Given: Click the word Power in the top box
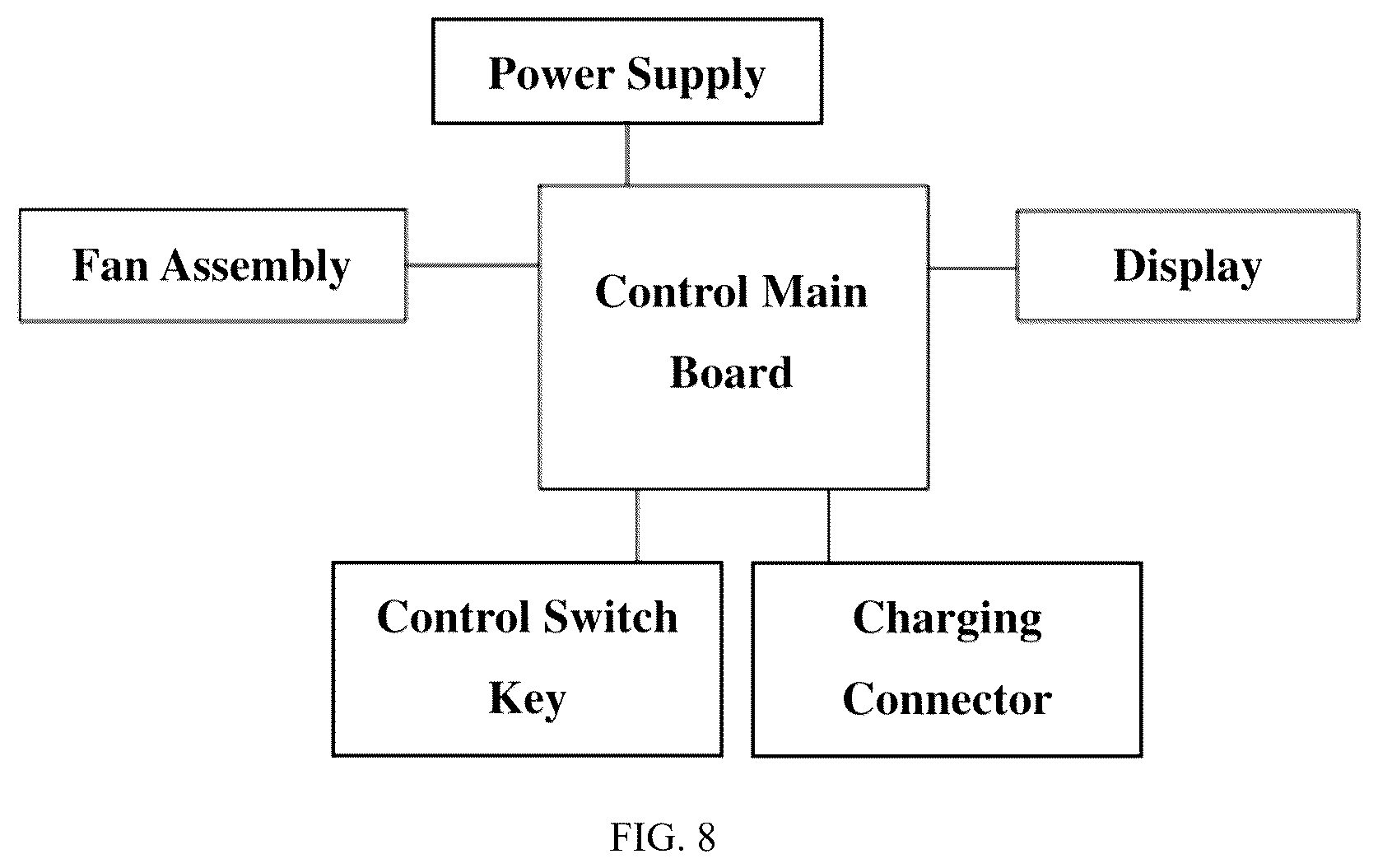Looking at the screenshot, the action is pyautogui.click(x=552, y=74).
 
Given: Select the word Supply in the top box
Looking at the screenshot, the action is pyautogui.click(x=696, y=77).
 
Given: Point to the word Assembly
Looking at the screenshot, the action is pyautogui.click(x=255, y=268).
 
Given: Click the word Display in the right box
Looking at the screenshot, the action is pyautogui.click(x=1187, y=268).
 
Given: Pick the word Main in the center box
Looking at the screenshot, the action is pyautogui.click(x=814, y=292).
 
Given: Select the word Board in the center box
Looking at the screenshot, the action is pyautogui.click(x=731, y=372).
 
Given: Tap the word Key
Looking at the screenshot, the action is pyautogui.click(x=527, y=701).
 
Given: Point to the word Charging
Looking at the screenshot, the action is pyautogui.click(x=947, y=619).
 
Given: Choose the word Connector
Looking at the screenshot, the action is pyautogui.click(x=947, y=699).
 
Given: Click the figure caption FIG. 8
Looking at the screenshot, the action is pyautogui.click(x=663, y=838).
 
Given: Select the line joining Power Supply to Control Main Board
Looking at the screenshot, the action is pyautogui.click(x=627, y=155).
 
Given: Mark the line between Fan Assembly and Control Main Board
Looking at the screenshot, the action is pyautogui.click(x=473, y=265).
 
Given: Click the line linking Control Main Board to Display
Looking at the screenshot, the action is pyautogui.click(x=972, y=268).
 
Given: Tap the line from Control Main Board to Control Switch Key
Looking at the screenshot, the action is pyautogui.click(x=636, y=525).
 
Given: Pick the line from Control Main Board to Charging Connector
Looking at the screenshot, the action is pyautogui.click(x=829, y=525).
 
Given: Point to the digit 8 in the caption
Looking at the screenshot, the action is pyautogui.click(x=707, y=838).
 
